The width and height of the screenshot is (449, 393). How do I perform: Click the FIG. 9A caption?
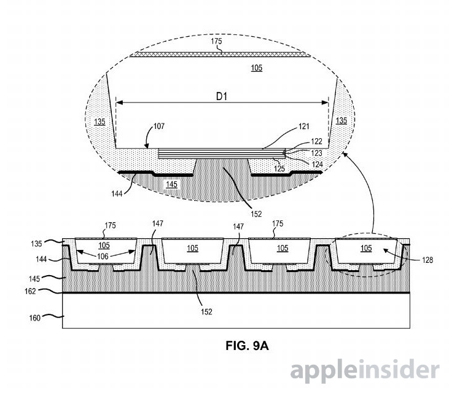[x=247, y=346]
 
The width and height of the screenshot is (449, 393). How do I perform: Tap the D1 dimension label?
[x=222, y=96]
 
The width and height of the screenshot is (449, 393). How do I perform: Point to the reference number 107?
[x=159, y=126]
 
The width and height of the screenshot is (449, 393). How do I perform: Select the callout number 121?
[x=304, y=126]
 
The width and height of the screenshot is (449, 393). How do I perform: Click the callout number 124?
[x=318, y=165]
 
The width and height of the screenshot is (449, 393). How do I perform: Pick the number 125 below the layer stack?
[x=279, y=169]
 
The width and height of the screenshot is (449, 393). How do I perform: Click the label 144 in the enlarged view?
[x=117, y=194]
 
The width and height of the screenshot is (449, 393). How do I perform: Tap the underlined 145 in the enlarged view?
[x=171, y=184]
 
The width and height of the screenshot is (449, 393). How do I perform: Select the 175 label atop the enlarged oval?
[x=216, y=41]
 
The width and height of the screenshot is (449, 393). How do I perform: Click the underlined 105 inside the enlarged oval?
[x=257, y=68]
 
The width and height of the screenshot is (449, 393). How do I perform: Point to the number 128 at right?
[x=428, y=260]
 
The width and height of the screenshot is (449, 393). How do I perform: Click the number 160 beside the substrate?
[x=34, y=318]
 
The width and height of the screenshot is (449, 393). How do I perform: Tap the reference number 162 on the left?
[x=30, y=291]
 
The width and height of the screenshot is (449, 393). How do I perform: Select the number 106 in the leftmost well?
[x=103, y=256]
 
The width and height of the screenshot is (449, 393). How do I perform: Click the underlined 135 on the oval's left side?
[x=100, y=122]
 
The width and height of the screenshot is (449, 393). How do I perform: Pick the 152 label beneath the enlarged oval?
[x=256, y=214]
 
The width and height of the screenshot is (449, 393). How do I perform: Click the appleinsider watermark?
[x=365, y=371]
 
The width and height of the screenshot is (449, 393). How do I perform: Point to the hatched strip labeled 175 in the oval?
[x=220, y=55]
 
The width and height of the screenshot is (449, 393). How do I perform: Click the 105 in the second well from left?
[x=192, y=248]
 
